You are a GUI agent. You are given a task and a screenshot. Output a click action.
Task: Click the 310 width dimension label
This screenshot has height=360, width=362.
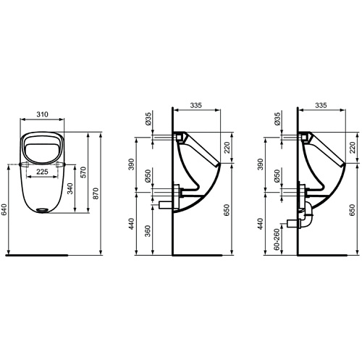click(42, 114)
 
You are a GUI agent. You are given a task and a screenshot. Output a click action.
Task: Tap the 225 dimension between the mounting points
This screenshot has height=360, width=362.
click(42, 172)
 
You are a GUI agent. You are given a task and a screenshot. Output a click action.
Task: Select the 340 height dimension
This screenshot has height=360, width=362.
click(70, 189)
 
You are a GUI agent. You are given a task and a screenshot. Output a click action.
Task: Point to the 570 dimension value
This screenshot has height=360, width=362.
click(83, 172)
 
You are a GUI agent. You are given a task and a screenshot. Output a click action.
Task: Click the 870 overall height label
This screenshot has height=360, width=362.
click(96, 193)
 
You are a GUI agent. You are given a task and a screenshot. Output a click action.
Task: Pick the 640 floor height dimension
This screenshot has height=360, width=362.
click(4, 209)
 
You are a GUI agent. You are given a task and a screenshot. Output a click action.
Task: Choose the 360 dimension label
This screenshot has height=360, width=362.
click(148, 231)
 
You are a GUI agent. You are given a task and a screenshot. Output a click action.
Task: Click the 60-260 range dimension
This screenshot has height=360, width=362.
click(277, 239)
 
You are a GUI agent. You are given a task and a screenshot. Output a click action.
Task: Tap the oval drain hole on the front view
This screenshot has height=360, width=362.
click(42, 210)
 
